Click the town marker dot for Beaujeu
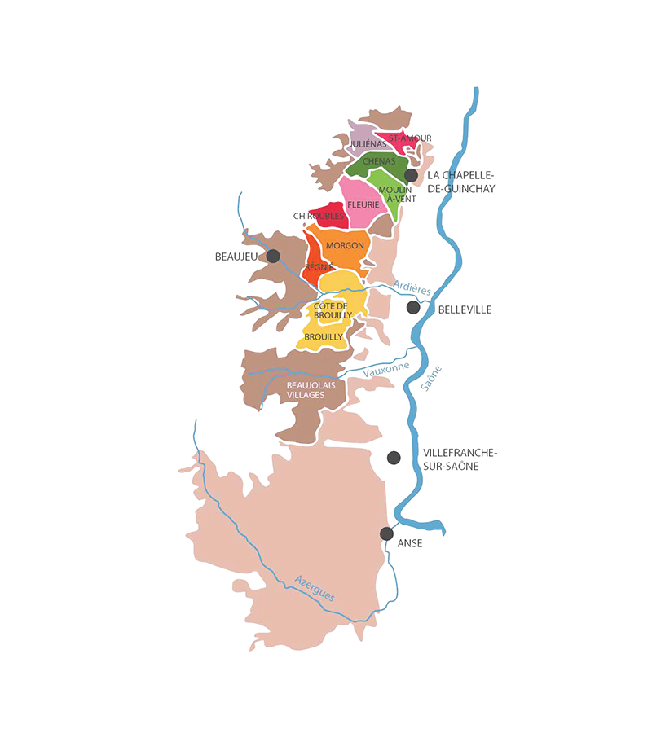(x=273, y=256)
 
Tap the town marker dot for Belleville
(x=413, y=307)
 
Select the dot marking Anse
(x=386, y=533)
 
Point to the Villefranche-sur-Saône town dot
(x=394, y=457)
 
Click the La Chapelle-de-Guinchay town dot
(x=411, y=174)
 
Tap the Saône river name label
(x=433, y=379)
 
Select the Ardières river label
(x=412, y=286)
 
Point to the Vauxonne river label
(x=386, y=368)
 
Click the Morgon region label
(x=345, y=245)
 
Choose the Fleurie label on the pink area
(x=363, y=204)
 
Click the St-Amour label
(x=410, y=138)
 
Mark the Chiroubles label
(x=319, y=216)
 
